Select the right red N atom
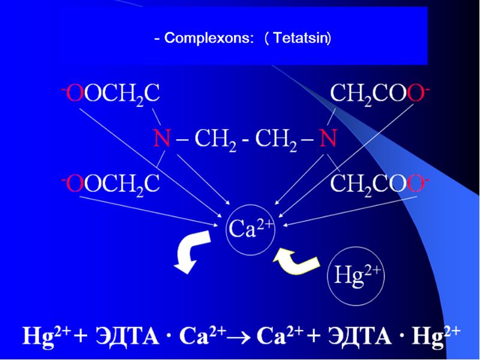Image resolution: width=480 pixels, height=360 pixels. [328, 139]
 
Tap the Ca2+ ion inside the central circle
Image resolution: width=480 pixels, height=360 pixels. [250, 229]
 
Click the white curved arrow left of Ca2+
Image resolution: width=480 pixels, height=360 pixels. [191, 253]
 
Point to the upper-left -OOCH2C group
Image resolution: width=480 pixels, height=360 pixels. [110, 94]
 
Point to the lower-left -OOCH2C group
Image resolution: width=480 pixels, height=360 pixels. [110, 184]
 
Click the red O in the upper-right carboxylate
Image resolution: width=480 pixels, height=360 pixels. [415, 94]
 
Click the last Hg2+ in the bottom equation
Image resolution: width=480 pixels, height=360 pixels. [436, 335]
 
